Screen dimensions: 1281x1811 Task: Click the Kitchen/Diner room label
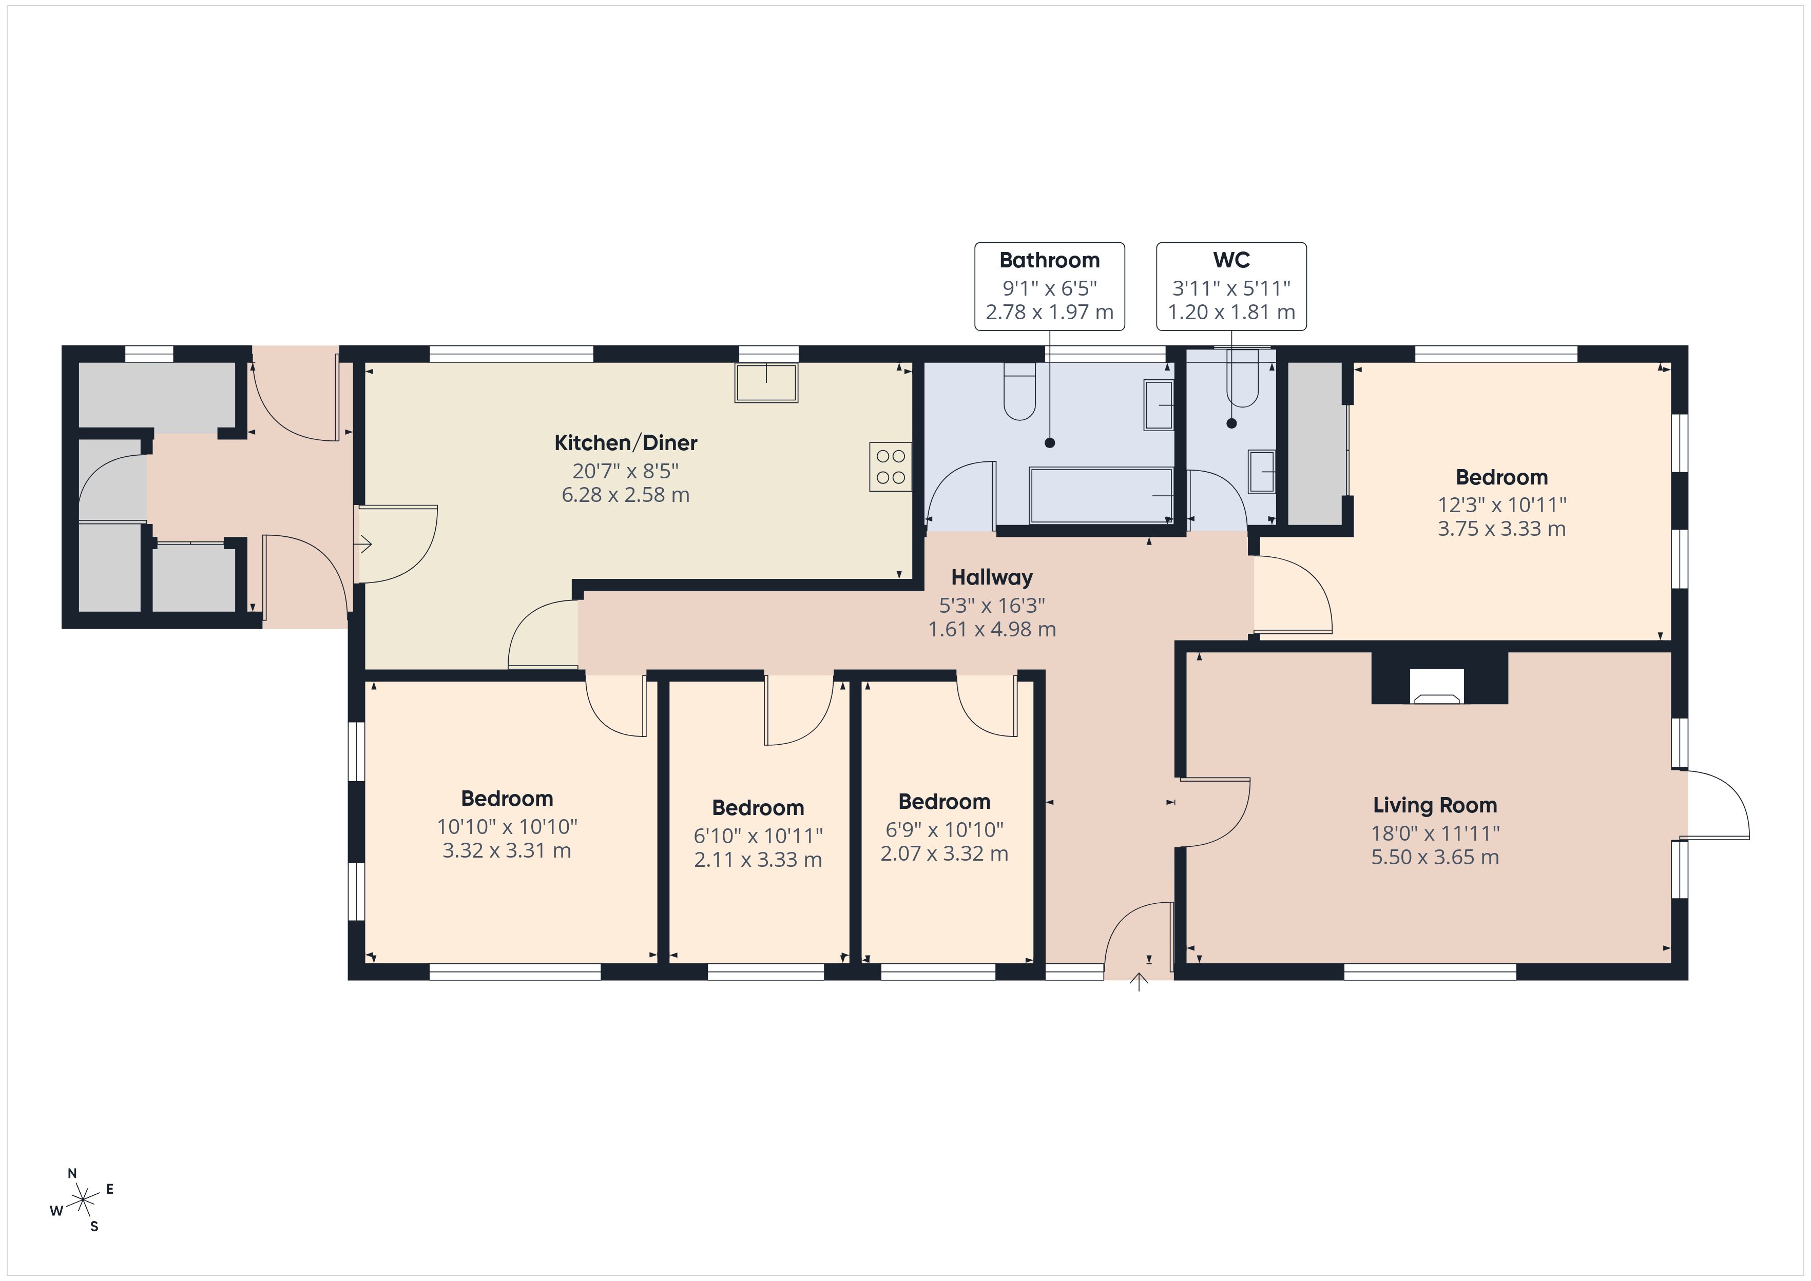(626, 442)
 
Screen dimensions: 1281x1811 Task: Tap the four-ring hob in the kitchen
(891, 467)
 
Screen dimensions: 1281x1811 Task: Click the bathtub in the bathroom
(1101, 495)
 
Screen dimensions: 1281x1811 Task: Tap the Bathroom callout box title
(1049, 260)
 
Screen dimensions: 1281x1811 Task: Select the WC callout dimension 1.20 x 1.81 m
(1231, 313)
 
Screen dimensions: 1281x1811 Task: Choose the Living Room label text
(1435, 805)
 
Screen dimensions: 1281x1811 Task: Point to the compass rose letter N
(72, 1174)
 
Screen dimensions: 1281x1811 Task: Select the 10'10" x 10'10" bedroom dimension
(507, 827)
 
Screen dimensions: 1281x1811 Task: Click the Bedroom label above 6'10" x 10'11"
(758, 808)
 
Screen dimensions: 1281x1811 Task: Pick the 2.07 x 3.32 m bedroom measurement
(944, 853)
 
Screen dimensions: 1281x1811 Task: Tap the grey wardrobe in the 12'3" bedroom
(1314, 443)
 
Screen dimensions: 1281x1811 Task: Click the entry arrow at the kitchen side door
(364, 544)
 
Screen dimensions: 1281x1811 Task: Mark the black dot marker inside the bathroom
(1050, 443)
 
